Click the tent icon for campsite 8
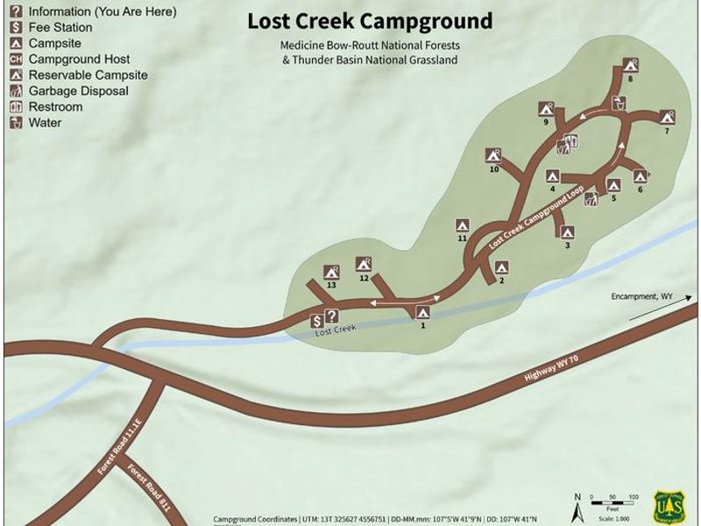(x=629, y=64)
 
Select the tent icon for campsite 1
(x=423, y=311)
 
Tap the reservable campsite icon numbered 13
(x=331, y=272)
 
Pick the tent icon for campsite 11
(x=462, y=224)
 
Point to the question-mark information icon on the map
(x=331, y=316)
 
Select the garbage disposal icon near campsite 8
(x=620, y=103)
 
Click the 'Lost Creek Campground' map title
(x=369, y=20)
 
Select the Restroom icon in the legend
(x=15, y=107)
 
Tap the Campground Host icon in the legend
(x=15, y=60)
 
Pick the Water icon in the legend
(x=15, y=123)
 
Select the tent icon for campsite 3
(x=567, y=232)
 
